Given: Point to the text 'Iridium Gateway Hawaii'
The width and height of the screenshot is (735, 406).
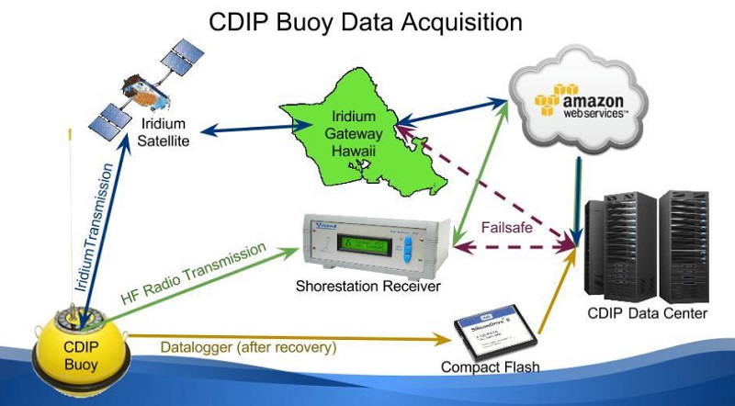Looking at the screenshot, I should click(x=355, y=138).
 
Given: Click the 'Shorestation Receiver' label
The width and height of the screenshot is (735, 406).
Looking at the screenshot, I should click(x=367, y=288).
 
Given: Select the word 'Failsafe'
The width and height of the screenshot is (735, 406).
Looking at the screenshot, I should click(x=507, y=228).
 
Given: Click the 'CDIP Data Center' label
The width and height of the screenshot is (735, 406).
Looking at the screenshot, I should click(x=648, y=314).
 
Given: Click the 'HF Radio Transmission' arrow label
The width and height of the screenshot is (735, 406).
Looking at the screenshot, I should click(x=192, y=276).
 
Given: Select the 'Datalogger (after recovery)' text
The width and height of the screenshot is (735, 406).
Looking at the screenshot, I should click(x=248, y=347).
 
